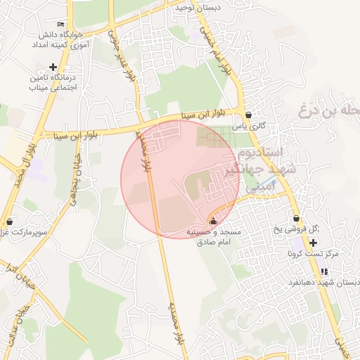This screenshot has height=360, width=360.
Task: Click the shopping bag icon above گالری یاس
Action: [x=249, y=115]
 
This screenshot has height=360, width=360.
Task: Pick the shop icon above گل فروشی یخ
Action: [x=297, y=218]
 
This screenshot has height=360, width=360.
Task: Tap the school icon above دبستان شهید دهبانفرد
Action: [x=323, y=271]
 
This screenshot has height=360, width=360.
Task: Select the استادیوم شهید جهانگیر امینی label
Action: [x=271, y=169]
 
